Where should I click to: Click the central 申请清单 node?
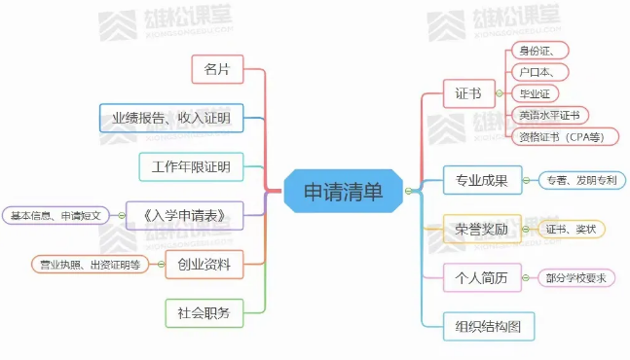(x=344, y=191)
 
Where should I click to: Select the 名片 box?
(x=217, y=70)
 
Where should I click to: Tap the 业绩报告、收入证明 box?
(x=170, y=119)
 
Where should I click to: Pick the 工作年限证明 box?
(x=190, y=166)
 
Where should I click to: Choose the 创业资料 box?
(x=204, y=263)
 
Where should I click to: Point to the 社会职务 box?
(x=204, y=312)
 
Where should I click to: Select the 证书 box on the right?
(x=467, y=94)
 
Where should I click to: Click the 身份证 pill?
(x=540, y=51)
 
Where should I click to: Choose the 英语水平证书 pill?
(x=549, y=115)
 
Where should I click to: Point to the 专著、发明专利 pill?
(x=581, y=180)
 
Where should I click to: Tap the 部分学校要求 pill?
(x=575, y=278)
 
